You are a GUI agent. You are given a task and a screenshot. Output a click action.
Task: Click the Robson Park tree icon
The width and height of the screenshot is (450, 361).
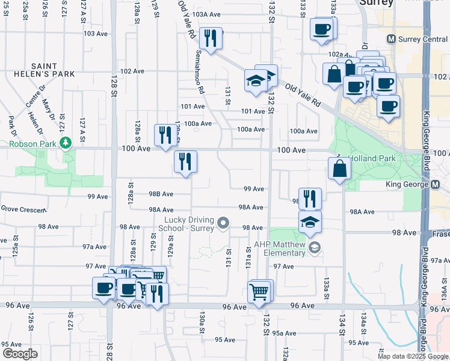pos(66,143)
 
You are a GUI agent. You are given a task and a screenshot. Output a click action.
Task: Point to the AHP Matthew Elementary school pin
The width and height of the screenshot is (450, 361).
pos(313,247)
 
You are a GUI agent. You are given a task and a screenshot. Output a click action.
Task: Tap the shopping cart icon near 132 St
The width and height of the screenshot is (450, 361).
pos(259,292)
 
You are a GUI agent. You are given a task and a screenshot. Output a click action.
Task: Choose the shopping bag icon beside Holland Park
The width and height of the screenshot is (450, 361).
pos(339,169)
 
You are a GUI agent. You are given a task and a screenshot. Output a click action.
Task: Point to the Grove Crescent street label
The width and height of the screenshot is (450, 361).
pos(23,209)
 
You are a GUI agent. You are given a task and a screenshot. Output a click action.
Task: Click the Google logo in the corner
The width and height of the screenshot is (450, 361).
pos(20,353)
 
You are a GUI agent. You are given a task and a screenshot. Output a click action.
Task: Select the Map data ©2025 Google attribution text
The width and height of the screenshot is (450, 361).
pos(413,356)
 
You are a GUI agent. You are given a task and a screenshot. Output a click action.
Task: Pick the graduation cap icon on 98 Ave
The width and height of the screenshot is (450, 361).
pos(309,222)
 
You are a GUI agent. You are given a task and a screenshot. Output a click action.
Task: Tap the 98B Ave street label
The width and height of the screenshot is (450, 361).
pos(160,194)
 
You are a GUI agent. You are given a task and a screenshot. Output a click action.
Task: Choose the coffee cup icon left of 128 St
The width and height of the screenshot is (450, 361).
pos(103,288)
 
